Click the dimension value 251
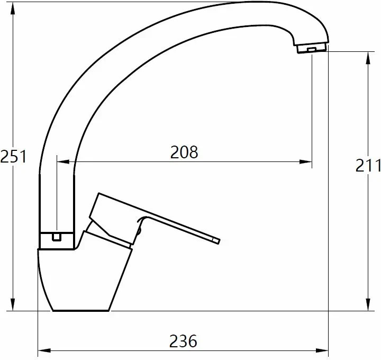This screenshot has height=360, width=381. coord(13,157)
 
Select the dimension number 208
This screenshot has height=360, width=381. coord(184,152)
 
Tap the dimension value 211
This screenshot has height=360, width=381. coord(368,165)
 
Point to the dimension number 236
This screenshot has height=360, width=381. coord(183,341)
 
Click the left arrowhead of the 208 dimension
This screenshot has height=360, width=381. coord(63,161)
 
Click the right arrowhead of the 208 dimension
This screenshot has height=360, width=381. coord(306,161)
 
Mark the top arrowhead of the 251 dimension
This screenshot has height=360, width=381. coord(13,8)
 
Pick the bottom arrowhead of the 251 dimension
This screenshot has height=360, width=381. coord(13,304)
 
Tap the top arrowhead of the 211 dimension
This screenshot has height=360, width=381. coord(368,58)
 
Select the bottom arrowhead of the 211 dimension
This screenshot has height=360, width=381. coord(368,304)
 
